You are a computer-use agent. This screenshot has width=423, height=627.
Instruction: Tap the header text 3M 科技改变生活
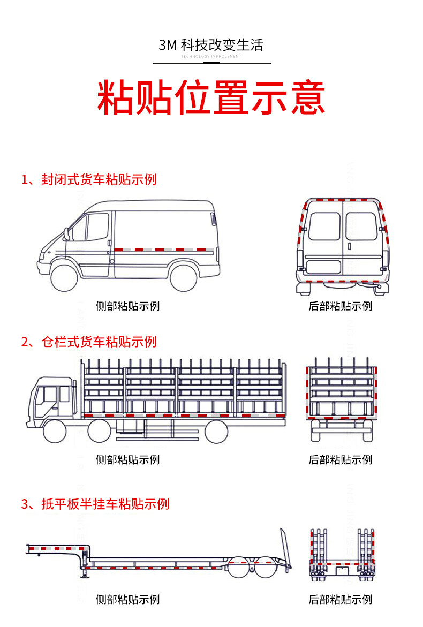pyautogui.click(x=211, y=45)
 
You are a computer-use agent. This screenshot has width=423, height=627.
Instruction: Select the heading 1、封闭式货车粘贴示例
pyautogui.click(x=89, y=179)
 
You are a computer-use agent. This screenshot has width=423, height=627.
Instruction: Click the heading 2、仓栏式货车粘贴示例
pyautogui.click(x=89, y=342)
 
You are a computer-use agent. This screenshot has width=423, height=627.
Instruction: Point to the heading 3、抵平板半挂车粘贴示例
pyautogui.click(x=95, y=504)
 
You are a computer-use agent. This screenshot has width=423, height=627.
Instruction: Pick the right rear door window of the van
pyautogui.click(x=360, y=226)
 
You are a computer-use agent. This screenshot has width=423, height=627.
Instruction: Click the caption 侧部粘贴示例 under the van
pyautogui.click(x=127, y=306)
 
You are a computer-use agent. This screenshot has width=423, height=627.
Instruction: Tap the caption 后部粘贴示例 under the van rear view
pyautogui.click(x=340, y=306)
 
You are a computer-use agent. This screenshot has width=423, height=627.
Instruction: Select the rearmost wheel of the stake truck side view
pyautogui.click(x=216, y=430)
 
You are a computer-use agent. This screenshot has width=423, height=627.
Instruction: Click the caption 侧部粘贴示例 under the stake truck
pyautogui.click(x=127, y=459)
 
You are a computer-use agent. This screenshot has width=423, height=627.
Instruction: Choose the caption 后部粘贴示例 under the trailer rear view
pyautogui.click(x=340, y=599)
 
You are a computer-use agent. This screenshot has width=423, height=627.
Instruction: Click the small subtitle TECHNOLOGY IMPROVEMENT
pyautogui.click(x=211, y=56)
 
